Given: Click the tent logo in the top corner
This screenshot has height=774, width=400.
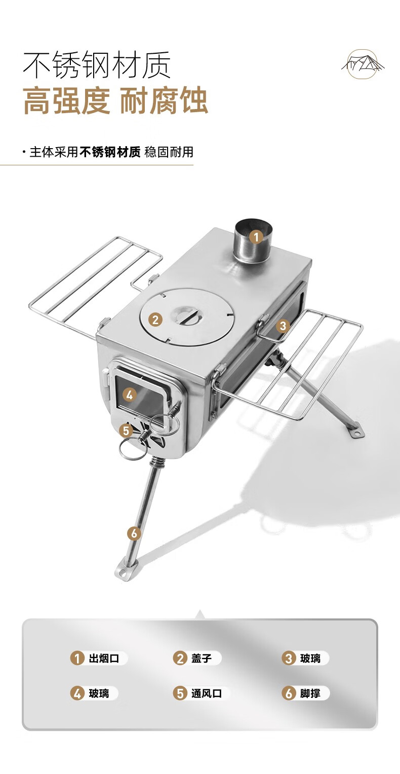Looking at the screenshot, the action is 362,64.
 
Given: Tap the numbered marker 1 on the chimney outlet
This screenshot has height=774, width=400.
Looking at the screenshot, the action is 256,237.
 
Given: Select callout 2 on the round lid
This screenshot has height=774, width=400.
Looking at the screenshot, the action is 155,319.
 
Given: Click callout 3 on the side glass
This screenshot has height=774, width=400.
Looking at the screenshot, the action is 283,326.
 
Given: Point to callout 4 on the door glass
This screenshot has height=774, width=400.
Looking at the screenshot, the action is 129,395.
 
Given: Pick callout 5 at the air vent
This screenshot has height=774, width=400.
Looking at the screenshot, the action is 126,431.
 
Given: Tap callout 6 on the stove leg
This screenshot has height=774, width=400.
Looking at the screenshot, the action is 134,534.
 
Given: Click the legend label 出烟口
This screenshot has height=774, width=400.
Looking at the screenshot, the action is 104,658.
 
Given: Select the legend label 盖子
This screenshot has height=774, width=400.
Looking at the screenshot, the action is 202,658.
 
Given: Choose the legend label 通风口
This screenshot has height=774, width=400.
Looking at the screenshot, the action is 207,693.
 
